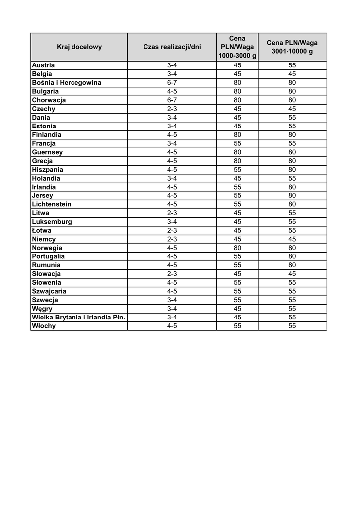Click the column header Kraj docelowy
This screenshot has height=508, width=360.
[79, 47]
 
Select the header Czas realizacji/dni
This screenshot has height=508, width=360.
[172, 47]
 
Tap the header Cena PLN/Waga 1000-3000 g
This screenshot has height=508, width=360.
[237, 47]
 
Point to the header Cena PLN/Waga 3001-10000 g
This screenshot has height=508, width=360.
[292, 47]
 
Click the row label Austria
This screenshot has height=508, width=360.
[44, 65]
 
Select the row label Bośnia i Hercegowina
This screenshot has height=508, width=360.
[67, 83]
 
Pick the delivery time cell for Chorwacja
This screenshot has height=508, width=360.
[172, 100]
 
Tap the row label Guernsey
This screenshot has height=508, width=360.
[47, 152]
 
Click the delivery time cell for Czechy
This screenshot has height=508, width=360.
[172, 109]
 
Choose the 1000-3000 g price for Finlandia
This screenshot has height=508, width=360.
[237, 135]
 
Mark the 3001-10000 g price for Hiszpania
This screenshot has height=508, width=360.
[292, 170]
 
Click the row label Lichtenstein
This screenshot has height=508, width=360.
[52, 204]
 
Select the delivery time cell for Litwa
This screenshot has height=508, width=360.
[172, 213]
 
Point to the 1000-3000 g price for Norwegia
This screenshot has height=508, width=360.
[237, 248]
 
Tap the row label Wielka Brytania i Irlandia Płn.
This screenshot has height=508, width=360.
[78, 317]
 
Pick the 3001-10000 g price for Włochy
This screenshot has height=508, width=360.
[292, 326]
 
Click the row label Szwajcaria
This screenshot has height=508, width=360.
[49, 291]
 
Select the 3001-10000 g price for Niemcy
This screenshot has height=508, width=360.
[292, 239]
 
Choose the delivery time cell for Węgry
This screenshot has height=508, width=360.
[172, 309]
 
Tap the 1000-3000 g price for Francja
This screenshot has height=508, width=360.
[237, 143]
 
